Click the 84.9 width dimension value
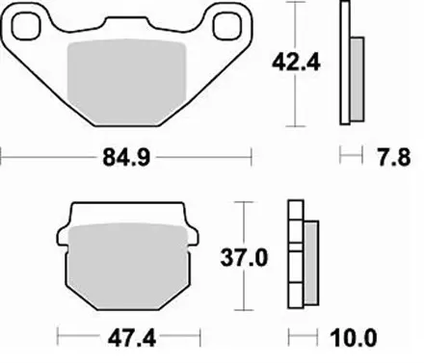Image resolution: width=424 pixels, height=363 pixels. pos(125,155)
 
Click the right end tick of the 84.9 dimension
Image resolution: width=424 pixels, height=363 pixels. pos(252,155)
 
